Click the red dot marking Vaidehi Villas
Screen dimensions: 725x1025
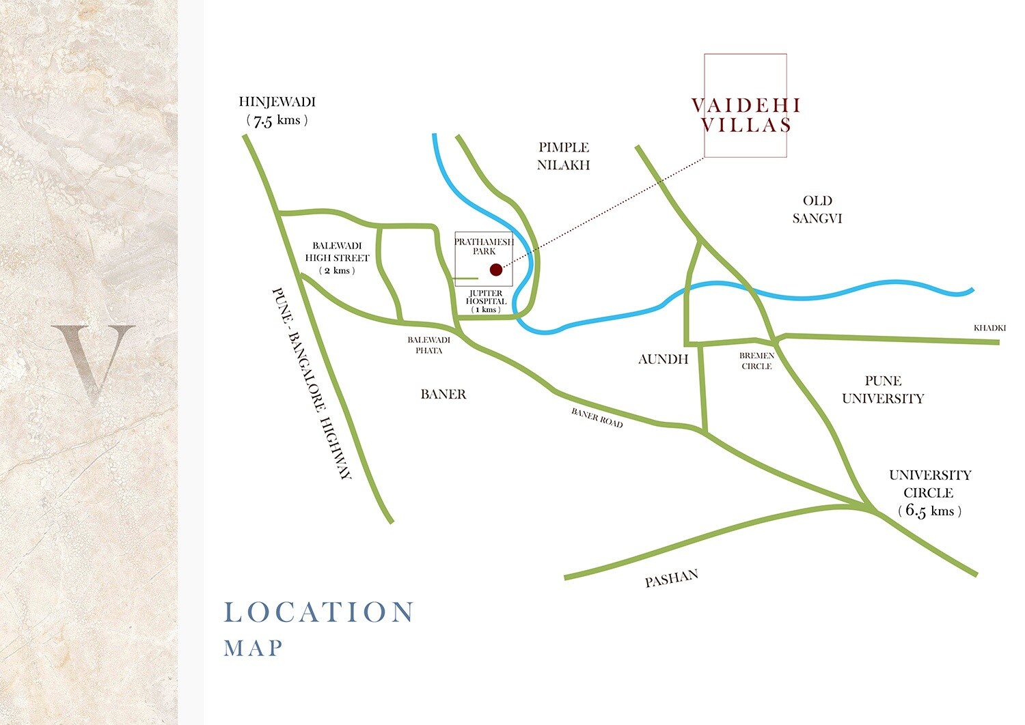496,270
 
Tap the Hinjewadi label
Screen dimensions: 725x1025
277,102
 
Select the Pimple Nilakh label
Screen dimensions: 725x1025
563,156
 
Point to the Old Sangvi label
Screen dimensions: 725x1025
817,210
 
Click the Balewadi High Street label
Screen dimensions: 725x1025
337,252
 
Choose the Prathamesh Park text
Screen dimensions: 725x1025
484,246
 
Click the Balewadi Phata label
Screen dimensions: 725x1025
429,345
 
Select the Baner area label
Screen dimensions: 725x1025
443,395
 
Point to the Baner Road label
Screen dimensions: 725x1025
597,418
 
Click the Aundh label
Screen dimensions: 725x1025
663,359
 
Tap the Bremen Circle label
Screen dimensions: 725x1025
756,360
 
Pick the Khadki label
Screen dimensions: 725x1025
989,328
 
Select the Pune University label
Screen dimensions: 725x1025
883,390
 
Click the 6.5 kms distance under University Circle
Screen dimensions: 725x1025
929,511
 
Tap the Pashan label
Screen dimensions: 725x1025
672,578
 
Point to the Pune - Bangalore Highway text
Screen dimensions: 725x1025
312,383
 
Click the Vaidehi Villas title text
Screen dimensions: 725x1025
746,115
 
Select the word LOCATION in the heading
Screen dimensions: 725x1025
319,612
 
